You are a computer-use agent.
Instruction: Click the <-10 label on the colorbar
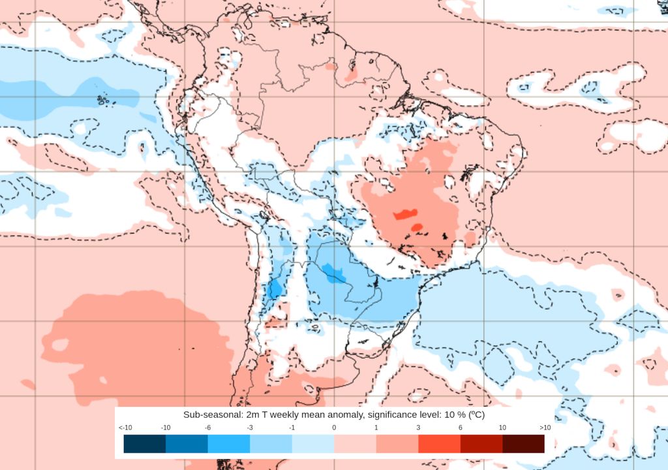[125, 428]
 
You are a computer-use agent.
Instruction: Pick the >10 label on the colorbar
[545, 428]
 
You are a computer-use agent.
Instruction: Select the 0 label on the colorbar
[334, 428]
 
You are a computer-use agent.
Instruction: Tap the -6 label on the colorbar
[208, 428]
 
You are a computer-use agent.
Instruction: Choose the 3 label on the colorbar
[418, 428]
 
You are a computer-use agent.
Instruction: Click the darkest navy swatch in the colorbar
[145, 444]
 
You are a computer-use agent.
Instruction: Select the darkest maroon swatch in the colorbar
[523, 444]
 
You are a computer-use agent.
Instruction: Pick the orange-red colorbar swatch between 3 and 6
[439, 444]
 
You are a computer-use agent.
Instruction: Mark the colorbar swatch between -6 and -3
[229, 444]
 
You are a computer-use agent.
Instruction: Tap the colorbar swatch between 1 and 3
[397, 444]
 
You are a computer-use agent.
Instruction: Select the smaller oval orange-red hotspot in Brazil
[416, 227]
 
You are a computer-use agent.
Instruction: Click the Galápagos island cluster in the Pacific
[102, 100]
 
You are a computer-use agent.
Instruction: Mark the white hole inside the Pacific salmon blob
[60, 344]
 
